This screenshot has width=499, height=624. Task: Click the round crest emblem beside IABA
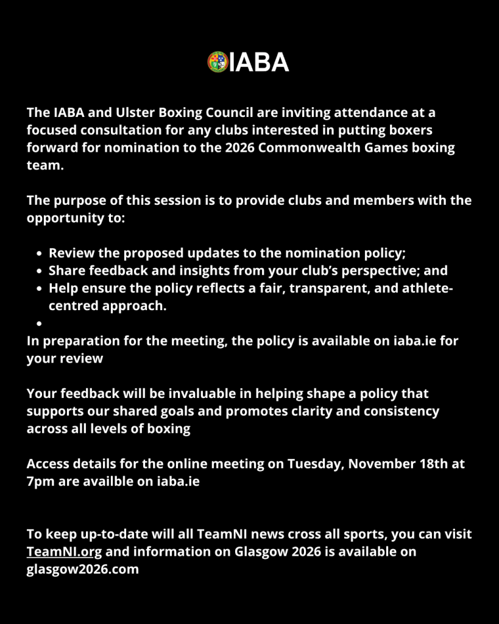218,62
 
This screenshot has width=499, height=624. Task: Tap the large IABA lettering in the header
259,62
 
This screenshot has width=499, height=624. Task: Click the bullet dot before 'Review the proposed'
39,253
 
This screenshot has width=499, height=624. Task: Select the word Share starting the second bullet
66,271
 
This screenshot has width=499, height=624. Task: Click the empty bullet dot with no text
39,324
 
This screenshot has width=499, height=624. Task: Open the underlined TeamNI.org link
64,552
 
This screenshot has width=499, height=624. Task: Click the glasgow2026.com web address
83,570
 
